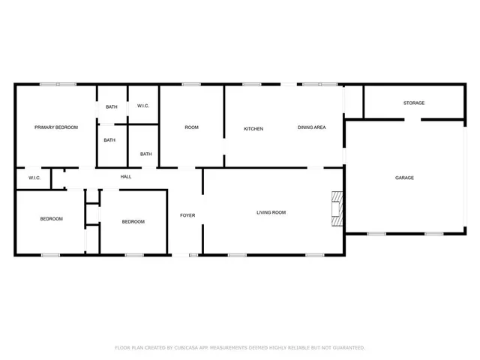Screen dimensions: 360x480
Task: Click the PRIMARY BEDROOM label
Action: pyautogui.click(x=56, y=127)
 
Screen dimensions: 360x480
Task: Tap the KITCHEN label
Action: pyautogui.click(x=253, y=129)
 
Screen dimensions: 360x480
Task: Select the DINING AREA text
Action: pyautogui.click(x=311, y=127)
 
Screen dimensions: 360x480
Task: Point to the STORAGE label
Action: pyautogui.click(x=414, y=103)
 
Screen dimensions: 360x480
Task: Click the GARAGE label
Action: pyautogui.click(x=404, y=178)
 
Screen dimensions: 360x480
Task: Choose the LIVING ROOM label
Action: pyautogui.click(x=271, y=212)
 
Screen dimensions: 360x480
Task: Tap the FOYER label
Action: pyautogui.click(x=187, y=215)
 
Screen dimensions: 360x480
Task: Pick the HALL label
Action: pyautogui.click(x=126, y=176)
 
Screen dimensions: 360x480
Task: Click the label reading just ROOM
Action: pyautogui.click(x=192, y=127)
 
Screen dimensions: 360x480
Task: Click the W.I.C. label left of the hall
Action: pyautogui.click(x=34, y=178)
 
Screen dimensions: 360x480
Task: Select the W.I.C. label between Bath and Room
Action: pyautogui.click(x=142, y=106)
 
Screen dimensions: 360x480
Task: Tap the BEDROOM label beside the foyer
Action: pyautogui.click(x=133, y=221)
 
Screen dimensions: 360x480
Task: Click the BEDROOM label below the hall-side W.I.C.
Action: pyautogui.click(x=51, y=218)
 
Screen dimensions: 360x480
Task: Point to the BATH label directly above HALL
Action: pyautogui.click(x=145, y=154)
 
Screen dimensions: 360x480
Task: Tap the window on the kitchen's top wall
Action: pyautogui.click(x=252, y=84)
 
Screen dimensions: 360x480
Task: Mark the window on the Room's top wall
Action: pyautogui.click(x=191, y=84)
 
